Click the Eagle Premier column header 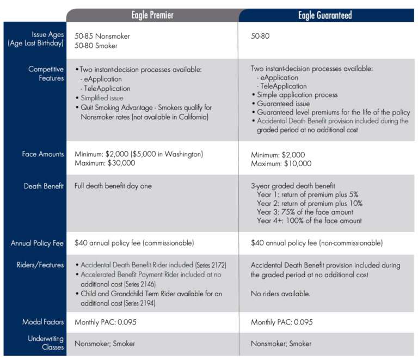[152, 15]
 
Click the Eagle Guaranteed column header [325, 15]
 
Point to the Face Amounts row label [43, 155]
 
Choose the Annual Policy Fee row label [38, 243]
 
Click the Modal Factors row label [43, 322]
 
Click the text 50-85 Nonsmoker [102, 36]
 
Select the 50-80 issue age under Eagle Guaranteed [260, 36]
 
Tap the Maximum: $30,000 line [105, 163]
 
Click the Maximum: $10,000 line [281, 163]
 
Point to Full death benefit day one [113, 186]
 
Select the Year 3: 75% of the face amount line [305, 212]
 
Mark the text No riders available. [280, 294]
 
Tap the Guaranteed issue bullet [283, 103]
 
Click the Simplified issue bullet [102, 98]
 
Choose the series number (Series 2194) [139, 303]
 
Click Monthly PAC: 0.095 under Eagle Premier [106, 322]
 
